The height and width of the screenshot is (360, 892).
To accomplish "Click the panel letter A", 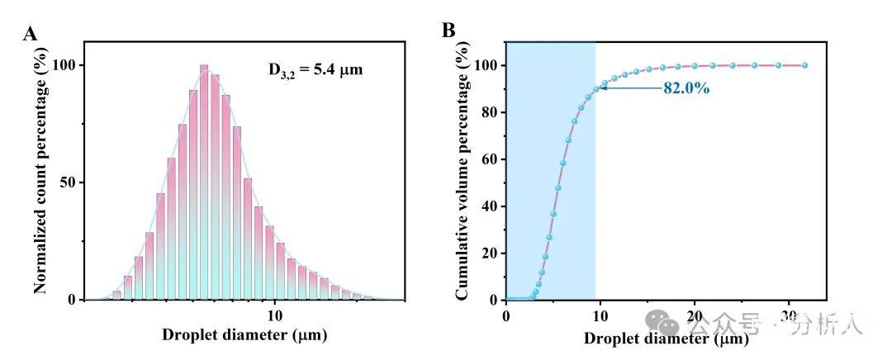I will point(31,34).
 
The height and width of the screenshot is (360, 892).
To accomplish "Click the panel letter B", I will point(448,31).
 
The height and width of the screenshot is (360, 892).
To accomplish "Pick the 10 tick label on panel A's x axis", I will point(275,315).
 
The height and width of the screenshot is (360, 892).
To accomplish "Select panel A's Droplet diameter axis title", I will point(244,335).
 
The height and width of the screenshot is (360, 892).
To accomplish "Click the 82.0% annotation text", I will point(686,88).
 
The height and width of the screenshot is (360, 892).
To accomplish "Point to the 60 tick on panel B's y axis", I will point(488,159).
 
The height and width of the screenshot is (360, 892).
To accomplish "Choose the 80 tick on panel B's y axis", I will point(488,112).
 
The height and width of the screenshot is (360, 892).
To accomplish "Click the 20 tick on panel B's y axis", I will point(488,253).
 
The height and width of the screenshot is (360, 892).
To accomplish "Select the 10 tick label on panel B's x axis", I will point(600,315).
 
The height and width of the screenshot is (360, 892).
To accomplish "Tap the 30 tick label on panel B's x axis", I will point(789,315).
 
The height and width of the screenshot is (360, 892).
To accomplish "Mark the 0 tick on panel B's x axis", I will point(506,315).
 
